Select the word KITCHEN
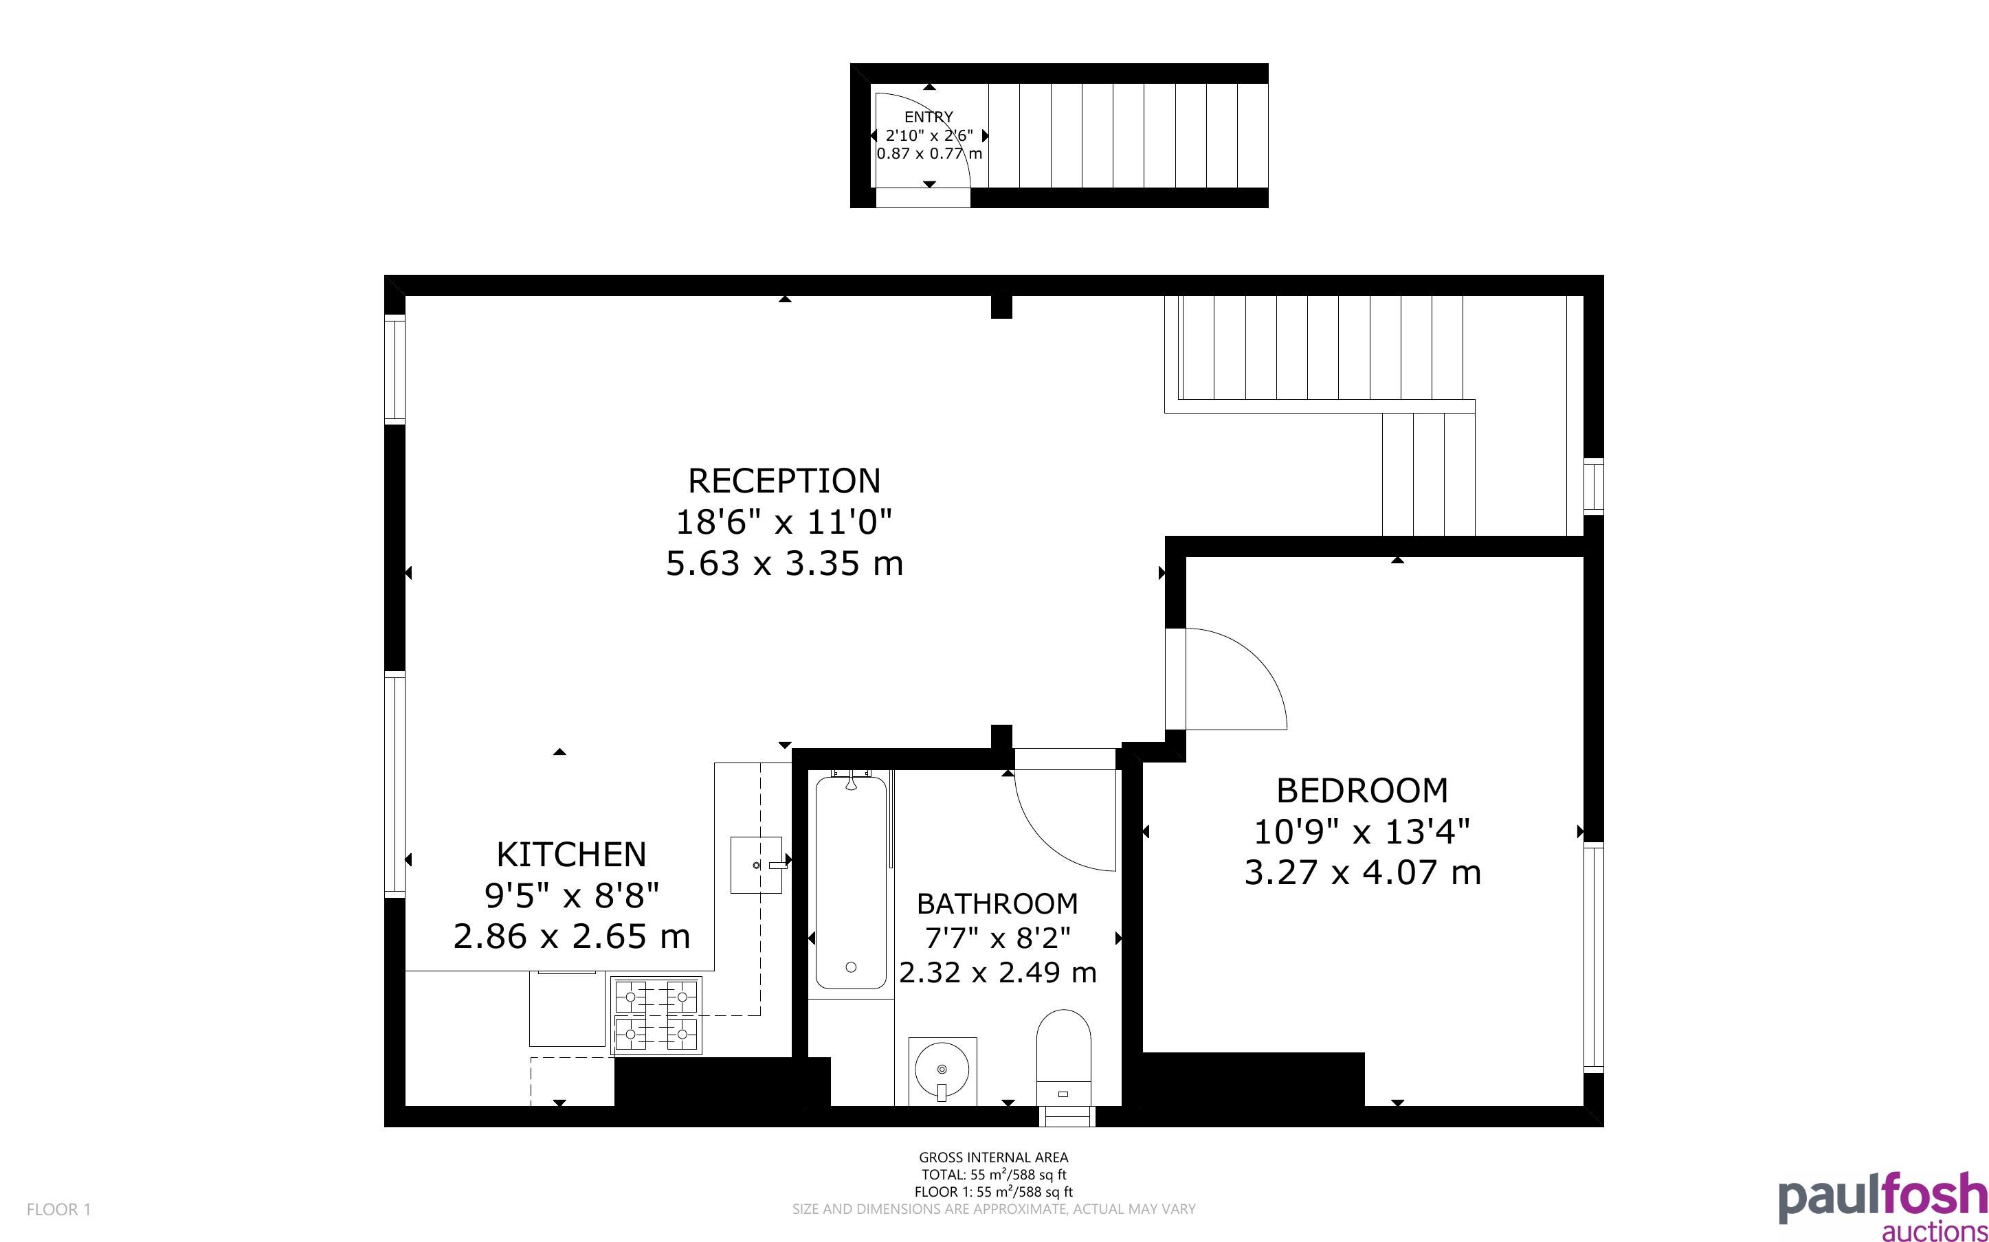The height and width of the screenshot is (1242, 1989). coord(571,855)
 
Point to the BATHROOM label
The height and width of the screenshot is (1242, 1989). coord(997,903)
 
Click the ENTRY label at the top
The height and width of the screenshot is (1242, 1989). coord(929,117)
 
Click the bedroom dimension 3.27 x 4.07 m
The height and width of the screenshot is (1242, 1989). coord(1362,872)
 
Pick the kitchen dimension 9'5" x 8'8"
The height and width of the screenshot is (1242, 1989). coord(572,895)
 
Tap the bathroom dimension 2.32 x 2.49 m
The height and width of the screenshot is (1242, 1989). coord(997,973)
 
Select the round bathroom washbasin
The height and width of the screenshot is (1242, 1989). coord(942,1070)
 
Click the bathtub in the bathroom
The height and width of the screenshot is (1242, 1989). coord(850,883)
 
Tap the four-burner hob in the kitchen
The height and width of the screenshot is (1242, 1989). coord(656,1016)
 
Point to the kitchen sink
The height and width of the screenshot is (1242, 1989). coord(756,864)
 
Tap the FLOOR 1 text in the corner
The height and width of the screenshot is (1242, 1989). coord(58,1209)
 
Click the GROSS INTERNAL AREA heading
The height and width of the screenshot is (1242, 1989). coord(993,1158)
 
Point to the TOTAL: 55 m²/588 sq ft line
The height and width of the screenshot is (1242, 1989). coord(993,1175)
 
